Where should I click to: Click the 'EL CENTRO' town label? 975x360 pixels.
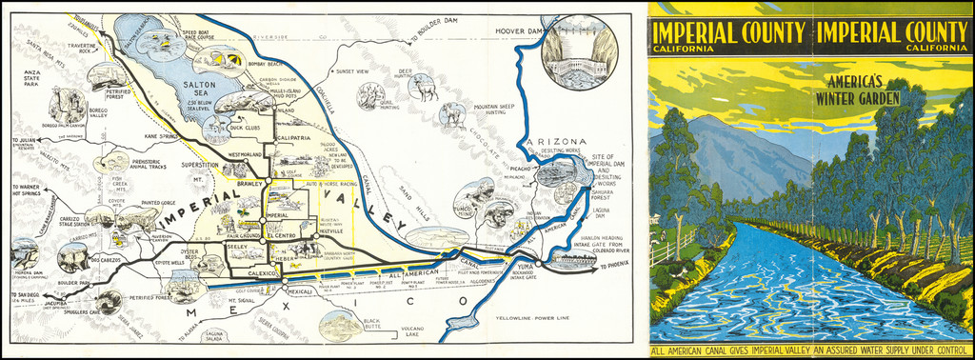285,233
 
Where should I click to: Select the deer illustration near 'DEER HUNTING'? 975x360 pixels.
422,88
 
